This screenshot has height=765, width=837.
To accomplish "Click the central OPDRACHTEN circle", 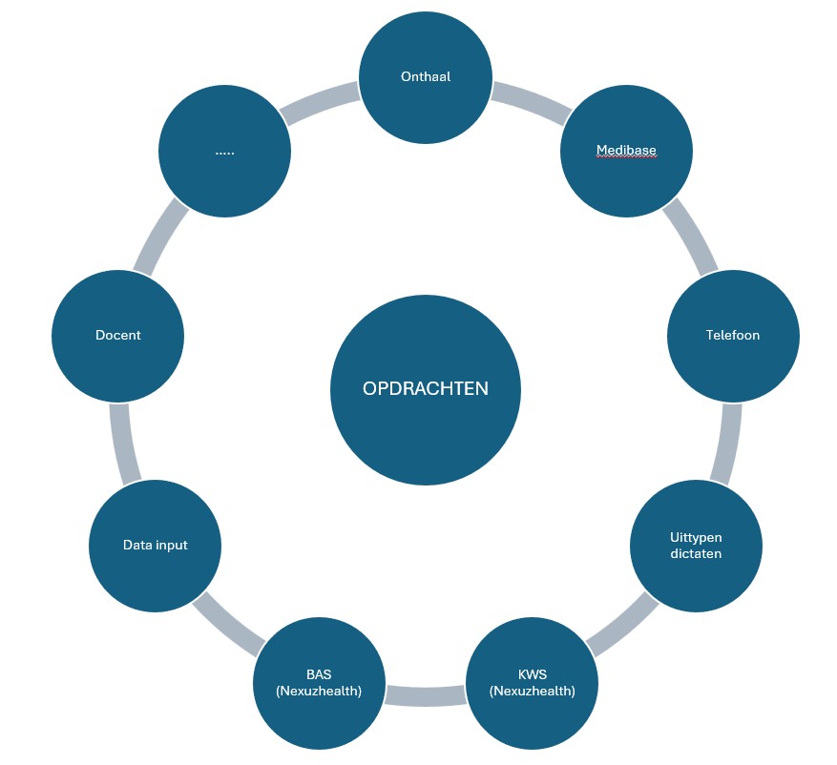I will point(426,389).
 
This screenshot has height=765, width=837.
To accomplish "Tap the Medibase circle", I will point(626,151).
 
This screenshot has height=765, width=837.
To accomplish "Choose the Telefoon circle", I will point(733,335).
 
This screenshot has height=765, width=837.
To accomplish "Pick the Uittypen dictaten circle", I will point(696,546).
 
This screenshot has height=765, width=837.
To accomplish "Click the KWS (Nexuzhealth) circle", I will point(532,684).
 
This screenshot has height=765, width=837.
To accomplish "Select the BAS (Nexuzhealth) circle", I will point(319,684).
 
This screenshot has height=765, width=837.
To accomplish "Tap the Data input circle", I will point(155,546).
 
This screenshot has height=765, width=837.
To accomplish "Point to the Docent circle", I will point(117,335).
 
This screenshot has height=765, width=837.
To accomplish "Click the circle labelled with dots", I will point(224,151).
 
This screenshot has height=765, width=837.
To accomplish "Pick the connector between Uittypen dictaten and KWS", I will point(621,625).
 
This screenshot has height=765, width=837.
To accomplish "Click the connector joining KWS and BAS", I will point(426,695).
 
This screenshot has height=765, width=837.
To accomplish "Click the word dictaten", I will point(696,553).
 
